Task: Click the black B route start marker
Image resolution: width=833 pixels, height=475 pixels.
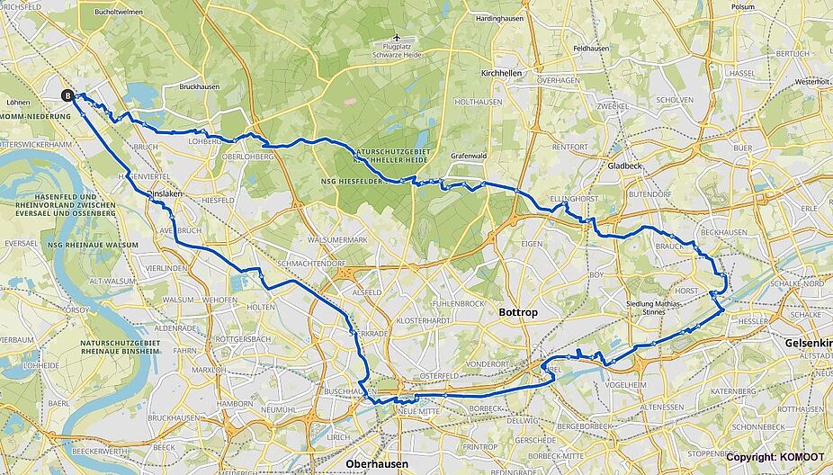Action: [x=67, y=94]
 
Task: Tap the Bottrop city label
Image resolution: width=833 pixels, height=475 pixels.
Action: [x=516, y=311]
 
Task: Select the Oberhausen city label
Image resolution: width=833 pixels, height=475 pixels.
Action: [x=376, y=463]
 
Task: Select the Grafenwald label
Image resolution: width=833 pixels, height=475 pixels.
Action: [x=468, y=155]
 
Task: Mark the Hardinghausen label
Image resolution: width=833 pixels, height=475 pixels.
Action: [x=501, y=18]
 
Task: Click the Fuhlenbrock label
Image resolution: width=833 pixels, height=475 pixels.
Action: [x=459, y=303]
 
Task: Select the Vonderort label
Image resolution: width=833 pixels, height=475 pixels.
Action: [x=488, y=363]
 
